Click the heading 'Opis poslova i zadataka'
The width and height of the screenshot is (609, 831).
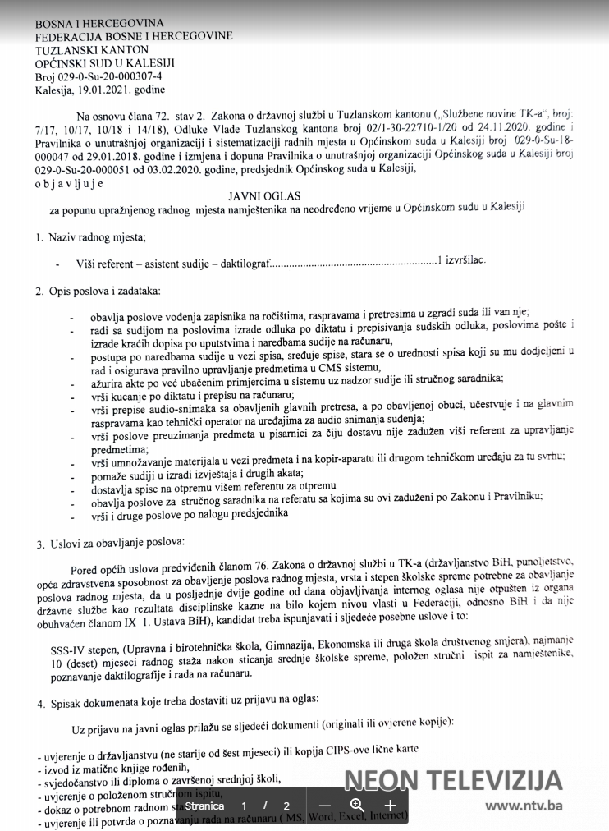click(x=104, y=291)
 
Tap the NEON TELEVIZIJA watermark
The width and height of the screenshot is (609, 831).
click(x=453, y=780)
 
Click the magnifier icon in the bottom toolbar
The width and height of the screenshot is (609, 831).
click(x=357, y=806)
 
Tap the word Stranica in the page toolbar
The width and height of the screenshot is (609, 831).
click(x=204, y=806)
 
